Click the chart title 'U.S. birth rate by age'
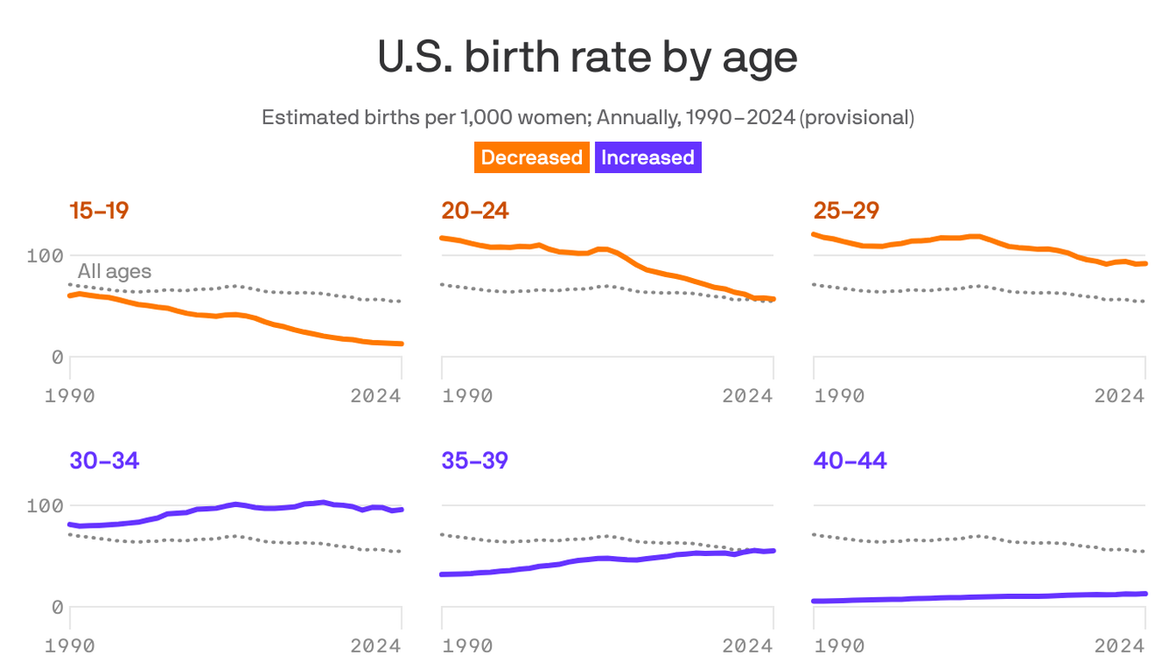coord(587,59)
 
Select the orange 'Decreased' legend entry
coord(531,158)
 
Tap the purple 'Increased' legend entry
coord(647,158)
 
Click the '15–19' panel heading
coord(99,210)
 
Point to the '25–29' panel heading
coord(846,210)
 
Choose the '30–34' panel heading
coord(104,460)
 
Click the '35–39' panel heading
coord(474,460)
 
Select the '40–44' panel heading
coord(850,460)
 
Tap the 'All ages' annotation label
coord(115,271)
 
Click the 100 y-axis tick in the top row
coord(45,256)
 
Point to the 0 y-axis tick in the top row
coord(57,357)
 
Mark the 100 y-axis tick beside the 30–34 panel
coord(45,505)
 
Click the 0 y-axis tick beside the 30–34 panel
coord(57,608)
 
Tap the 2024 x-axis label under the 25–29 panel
coord(1119,396)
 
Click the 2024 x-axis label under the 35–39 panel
coord(747,646)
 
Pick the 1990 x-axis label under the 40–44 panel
coord(839,646)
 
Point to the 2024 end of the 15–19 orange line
coord(401,343)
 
